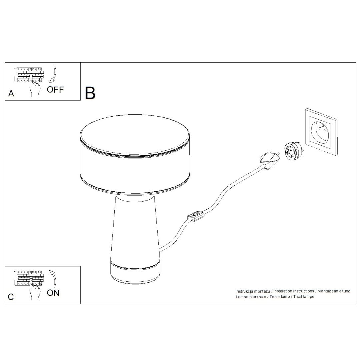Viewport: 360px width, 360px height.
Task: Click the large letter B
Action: click(x=90, y=93)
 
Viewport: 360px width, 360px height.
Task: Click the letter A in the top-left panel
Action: click(x=11, y=94)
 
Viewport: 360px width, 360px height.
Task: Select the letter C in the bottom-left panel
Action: click(x=11, y=297)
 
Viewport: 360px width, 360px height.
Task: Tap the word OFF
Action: click(x=55, y=89)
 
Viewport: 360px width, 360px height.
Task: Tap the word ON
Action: click(x=53, y=293)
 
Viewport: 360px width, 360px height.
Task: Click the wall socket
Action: click(x=320, y=133)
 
